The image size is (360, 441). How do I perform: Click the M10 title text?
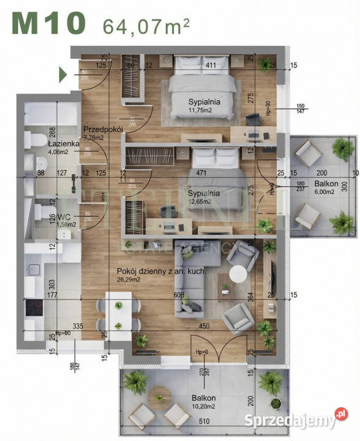(x=48, y=24)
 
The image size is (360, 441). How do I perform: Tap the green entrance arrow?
(x=62, y=75)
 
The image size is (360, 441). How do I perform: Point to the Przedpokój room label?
(x=105, y=129)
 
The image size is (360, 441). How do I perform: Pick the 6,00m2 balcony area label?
(x=323, y=191)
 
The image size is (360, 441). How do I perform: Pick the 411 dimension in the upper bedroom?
(x=211, y=64)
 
